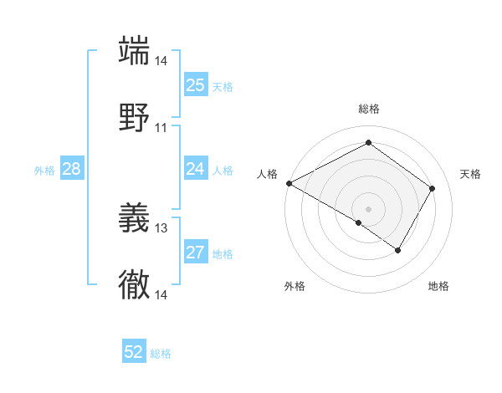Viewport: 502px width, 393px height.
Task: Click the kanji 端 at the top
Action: click(x=134, y=49)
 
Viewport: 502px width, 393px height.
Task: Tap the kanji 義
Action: click(x=134, y=217)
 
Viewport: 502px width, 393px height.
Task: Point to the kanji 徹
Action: click(x=134, y=284)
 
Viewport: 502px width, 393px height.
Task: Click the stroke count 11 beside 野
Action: click(x=161, y=128)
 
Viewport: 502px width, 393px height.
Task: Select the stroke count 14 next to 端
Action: click(x=161, y=61)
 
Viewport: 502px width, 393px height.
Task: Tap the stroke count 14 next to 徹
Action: click(x=161, y=295)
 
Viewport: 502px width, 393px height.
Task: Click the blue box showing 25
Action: click(x=195, y=84)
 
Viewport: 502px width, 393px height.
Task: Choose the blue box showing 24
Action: click(x=195, y=169)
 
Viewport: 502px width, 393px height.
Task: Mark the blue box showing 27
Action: click(x=195, y=253)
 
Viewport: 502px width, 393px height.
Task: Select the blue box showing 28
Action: click(x=71, y=169)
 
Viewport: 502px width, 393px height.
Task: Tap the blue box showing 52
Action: click(x=134, y=352)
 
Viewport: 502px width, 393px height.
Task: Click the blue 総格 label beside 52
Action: click(x=161, y=354)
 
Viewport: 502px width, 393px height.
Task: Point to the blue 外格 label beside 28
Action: click(x=44, y=171)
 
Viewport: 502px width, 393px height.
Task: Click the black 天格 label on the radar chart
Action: click(x=471, y=174)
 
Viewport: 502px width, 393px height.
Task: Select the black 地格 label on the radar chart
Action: click(x=438, y=286)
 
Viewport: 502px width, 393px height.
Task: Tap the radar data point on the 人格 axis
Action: click(x=289, y=183)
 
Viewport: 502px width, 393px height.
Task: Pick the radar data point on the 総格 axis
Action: click(x=368, y=143)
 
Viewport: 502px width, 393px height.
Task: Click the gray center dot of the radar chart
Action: click(x=368, y=208)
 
